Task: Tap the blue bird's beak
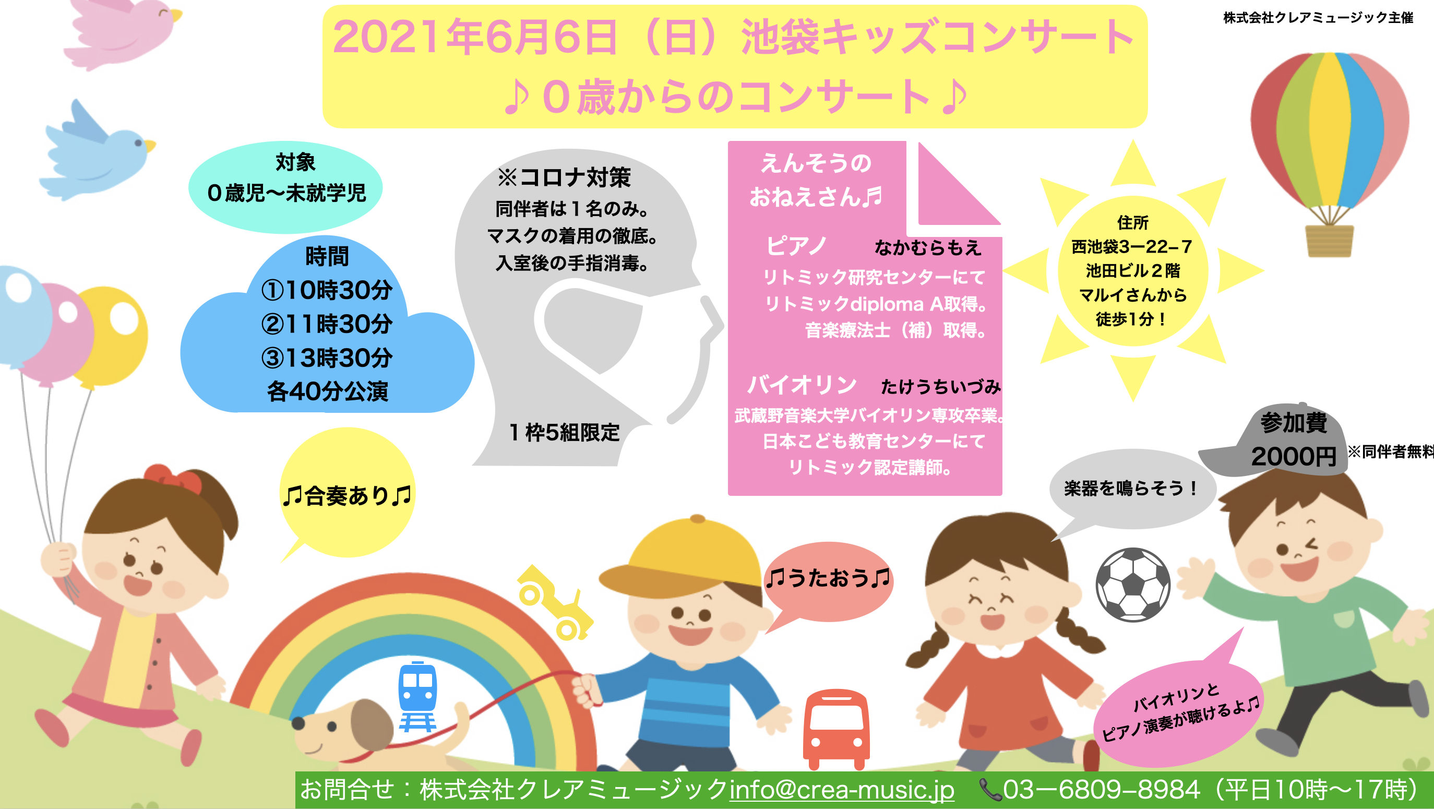(x=150, y=146)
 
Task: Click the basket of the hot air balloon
(x=1329, y=241)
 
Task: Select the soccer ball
(x=1133, y=585)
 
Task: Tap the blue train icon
(x=417, y=696)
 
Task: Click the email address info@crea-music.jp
(x=842, y=790)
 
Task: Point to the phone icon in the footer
(x=990, y=790)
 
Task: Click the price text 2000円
(x=1294, y=457)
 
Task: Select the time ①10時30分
(x=327, y=290)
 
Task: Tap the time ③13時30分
(x=327, y=358)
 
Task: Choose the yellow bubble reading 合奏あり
(x=348, y=492)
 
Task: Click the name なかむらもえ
(x=928, y=247)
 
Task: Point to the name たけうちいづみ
(x=941, y=386)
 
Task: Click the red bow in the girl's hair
(x=173, y=479)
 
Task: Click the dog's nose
(x=298, y=723)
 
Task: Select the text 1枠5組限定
(x=565, y=432)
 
